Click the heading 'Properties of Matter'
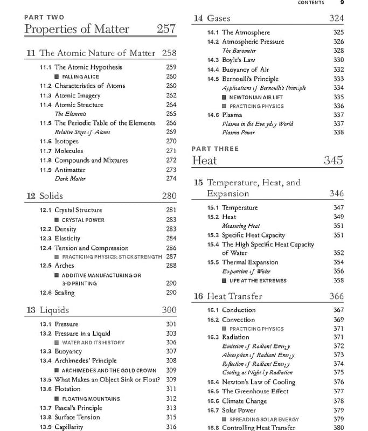pos(77,29)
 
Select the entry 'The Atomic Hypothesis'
pos(88,67)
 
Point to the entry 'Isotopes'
pos(66,141)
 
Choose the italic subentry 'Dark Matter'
pos(70,178)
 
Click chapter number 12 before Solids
pos(31,196)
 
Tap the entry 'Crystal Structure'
pos(78,210)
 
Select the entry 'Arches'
pos(65,266)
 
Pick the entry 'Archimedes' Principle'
pos(85,360)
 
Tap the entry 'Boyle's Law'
pos(239,60)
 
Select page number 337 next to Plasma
pos(338,115)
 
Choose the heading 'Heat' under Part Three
pos(205,161)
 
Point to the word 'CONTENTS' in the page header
pos(311,3)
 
